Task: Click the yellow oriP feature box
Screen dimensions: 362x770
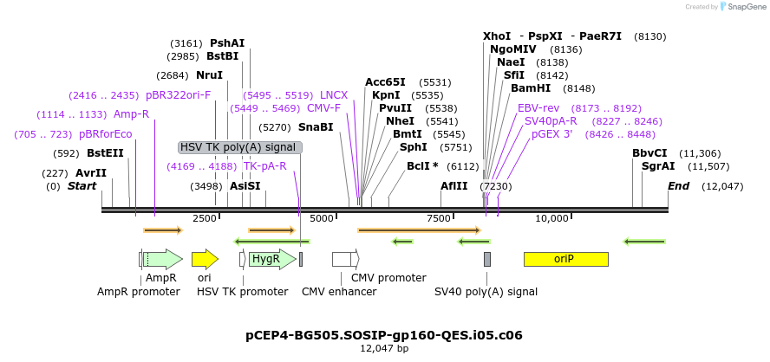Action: click(565, 259)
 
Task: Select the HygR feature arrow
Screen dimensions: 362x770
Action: click(264, 259)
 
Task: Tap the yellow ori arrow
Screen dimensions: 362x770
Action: click(205, 259)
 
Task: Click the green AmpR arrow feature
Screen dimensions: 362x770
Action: click(163, 259)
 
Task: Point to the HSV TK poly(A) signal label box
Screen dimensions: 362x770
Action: click(240, 147)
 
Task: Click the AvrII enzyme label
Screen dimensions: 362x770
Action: click(91, 173)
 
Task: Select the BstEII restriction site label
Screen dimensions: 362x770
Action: click(105, 153)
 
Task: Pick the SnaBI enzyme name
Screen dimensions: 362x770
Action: click(316, 126)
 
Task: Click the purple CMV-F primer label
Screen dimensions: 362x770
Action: click(323, 108)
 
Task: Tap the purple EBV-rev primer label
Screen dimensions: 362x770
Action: click(538, 108)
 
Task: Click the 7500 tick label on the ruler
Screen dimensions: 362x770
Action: click(439, 219)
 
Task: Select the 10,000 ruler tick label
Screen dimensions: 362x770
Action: click(552, 219)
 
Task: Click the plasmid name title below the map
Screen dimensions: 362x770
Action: click(384, 334)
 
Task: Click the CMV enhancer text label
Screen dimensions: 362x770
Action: click(339, 292)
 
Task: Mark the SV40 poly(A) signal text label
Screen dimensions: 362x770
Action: click(486, 292)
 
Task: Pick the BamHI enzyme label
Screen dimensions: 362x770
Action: click(530, 88)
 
